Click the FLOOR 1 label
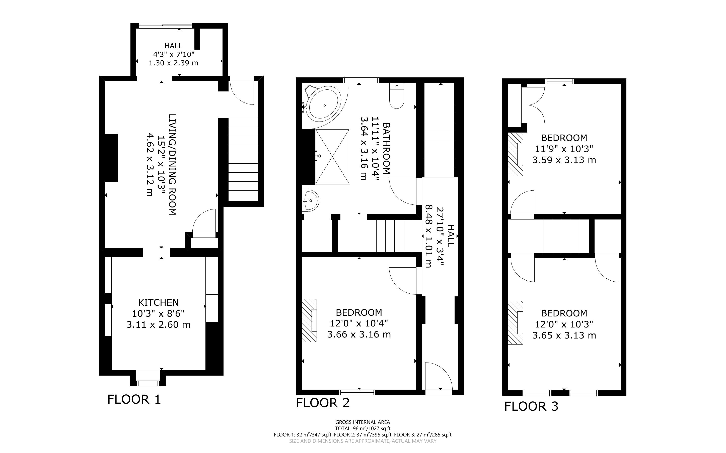click(x=134, y=399)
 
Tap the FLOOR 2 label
click(x=323, y=403)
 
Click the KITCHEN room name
click(x=158, y=302)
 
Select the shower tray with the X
click(x=332, y=156)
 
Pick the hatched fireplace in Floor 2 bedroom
click(x=309, y=320)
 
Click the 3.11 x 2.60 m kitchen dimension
click(x=158, y=324)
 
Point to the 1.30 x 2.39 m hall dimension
click(x=174, y=63)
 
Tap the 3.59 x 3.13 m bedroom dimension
click(x=564, y=160)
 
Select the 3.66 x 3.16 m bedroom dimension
click(x=359, y=334)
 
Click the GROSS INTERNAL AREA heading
click(x=362, y=422)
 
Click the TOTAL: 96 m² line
click(x=362, y=428)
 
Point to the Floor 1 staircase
click(x=243, y=159)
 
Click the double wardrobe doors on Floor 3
click(x=534, y=105)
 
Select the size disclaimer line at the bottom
click(x=362, y=441)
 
